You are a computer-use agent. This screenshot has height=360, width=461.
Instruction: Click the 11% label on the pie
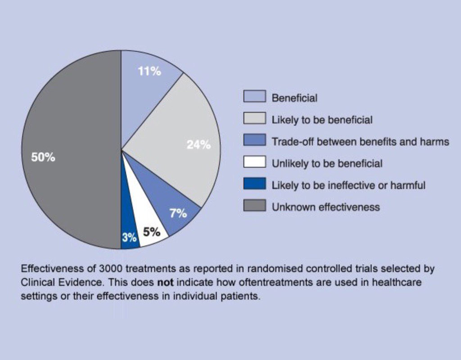pos(149,72)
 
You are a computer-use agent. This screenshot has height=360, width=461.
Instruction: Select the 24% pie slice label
pos(199,145)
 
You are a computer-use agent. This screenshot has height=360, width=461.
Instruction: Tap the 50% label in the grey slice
pos(43,157)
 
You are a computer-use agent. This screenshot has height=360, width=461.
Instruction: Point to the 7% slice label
pos(178,213)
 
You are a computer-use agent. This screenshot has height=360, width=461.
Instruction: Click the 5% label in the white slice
pos(152,232)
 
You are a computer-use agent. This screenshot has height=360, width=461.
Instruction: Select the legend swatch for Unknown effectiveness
pos(254,207)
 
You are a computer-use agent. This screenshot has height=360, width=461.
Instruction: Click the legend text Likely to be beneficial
pos(322,120)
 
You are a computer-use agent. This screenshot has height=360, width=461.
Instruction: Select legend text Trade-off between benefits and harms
pos(360,142)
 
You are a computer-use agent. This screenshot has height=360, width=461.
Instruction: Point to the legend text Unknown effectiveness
pos(325,207)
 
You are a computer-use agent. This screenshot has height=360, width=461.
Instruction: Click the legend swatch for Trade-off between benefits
pos(254,141)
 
